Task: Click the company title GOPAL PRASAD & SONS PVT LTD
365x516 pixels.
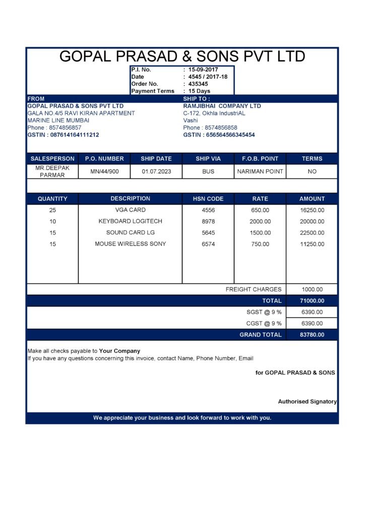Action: click(x=182, y=56)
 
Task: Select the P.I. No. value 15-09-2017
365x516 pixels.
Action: click(x=200, y=70)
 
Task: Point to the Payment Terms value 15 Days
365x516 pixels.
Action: click(x=199, y=91)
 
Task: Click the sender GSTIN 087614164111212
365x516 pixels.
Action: click(x=63, y=135)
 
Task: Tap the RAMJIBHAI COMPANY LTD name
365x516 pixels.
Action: click(x=222, y=106)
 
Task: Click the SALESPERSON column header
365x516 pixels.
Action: click(x=52, y=159)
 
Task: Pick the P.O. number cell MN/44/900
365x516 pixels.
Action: click(x=104, y=171)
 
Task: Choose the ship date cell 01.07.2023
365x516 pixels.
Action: click(x=156, y=171)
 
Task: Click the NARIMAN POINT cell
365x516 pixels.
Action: click(x=260, y=171)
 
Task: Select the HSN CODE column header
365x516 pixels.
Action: click(x=208, y=199)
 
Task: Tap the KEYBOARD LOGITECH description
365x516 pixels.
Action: click(x=130, y=221)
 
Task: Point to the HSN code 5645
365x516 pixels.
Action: click(x=208, y=233)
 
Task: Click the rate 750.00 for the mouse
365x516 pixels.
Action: click(x=260, y=244)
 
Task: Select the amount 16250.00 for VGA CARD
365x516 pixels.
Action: click(x=312, y=210)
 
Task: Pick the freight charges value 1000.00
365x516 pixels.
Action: click(x=312, y=290)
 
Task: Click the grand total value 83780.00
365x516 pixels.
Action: click(x=312, y=335)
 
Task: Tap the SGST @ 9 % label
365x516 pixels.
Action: click(x=264, y=312)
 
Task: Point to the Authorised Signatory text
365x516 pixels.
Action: click(x=307, y=402)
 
